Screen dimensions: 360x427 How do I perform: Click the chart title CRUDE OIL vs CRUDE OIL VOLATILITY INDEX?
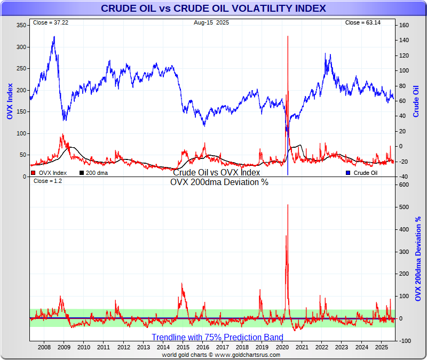pyautogui.click(x=213, y=9)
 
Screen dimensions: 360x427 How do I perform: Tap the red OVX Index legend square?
pyautogui.click(x=33, y=173)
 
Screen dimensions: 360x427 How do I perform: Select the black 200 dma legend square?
pyautogui.click(x=82, y=173)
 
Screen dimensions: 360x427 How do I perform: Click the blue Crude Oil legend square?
pyautogui.click(x=348, y=173)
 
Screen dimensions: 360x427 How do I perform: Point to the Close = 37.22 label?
pyautogui.click(x=47, y=23)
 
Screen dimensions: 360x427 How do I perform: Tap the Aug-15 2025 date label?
pyautogui.click(x=212, y=23)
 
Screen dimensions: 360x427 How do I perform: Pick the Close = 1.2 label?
pyautogui.click(x=44, y=181)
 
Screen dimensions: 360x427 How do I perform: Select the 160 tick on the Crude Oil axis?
pyautogui.click(x=404, y=25)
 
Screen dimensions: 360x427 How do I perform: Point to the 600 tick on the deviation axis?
pyautogui.click(x=404, y=185)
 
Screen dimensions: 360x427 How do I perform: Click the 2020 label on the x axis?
pyautogui.click(x=282, y=347)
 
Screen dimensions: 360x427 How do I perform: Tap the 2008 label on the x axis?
pyautogui.click(x=44, y=347)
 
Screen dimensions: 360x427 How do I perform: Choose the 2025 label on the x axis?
pyautogui.click(x=381, y=347)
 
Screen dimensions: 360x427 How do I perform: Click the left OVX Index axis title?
pyautogui.click(x=9, y=101)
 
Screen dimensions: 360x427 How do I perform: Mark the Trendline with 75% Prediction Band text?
pyautogui.click(x=217, y=337)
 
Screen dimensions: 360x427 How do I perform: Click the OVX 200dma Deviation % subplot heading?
pyautogui.click(x=219, y=182)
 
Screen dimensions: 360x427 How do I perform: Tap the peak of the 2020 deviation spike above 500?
pyautogui.click(x=288, y=204)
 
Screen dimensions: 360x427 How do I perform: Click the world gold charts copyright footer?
pyautogui.click(x=213, y=355)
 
